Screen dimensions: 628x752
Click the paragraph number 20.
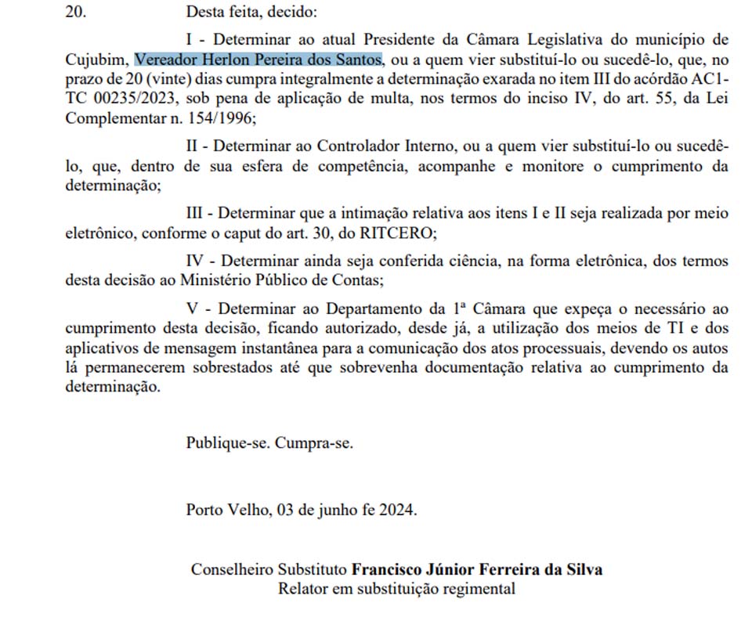pos(77,13)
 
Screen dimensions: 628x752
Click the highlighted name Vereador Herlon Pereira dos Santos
pos(258,60)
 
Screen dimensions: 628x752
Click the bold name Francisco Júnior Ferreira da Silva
pos(477,569)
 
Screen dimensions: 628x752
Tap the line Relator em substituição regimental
pos(396,588)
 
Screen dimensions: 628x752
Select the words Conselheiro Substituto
pos(269,569)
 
